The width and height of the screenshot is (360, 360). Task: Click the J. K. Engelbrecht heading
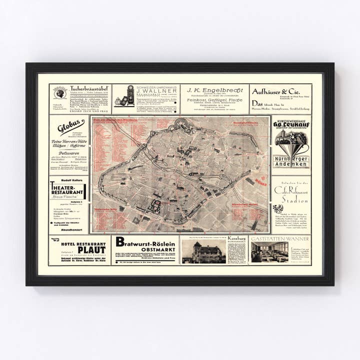(215, 90)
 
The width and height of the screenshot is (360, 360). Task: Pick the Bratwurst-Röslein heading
(145, 241)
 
